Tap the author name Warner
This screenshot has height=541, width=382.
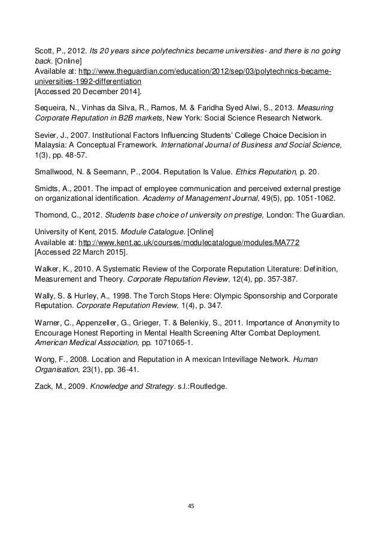point(46,323)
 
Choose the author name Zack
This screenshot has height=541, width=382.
point(41,386)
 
